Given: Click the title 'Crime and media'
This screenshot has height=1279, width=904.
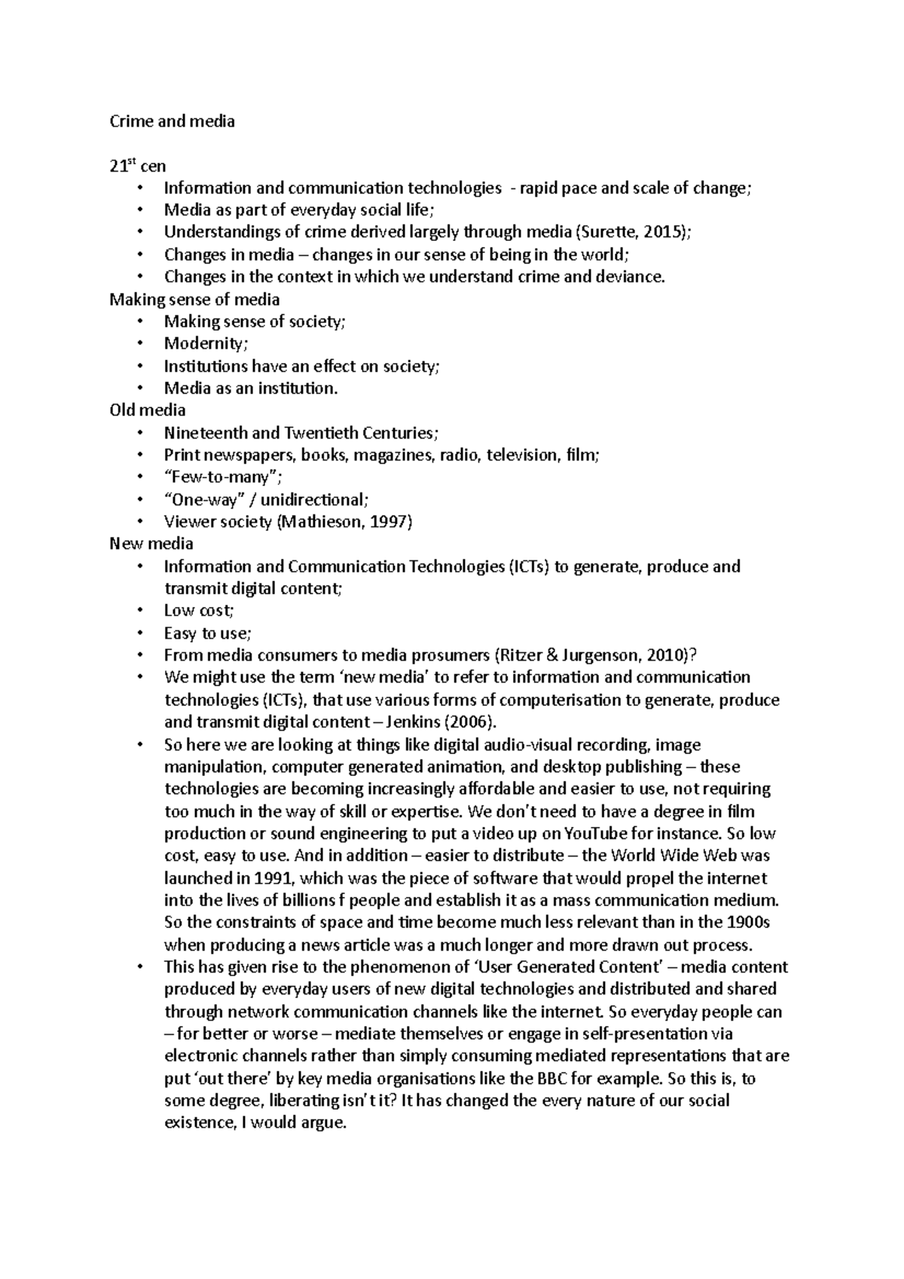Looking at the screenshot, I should (172, 121).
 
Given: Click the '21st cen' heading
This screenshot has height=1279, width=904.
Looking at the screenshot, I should (137, 166).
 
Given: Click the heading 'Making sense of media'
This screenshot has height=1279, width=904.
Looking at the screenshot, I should (194, 299).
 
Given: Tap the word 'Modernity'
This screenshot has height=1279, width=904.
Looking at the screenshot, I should (204, 343).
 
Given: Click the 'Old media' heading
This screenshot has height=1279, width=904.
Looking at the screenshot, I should (147, 410).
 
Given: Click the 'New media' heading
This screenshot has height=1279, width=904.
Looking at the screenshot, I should (151, 543).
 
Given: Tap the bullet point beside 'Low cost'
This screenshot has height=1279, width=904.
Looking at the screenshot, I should (140, 611).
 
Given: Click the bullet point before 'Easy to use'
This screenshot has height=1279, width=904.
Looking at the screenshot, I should (140, 633).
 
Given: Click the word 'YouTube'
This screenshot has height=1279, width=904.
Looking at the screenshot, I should (584, 833).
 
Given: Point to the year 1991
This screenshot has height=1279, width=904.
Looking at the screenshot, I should (276, 878).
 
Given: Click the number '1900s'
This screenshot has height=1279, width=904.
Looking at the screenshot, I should (747, 922).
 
